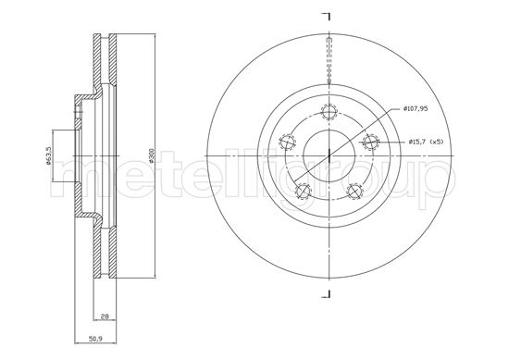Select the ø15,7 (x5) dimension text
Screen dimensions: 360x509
tap(427, 142)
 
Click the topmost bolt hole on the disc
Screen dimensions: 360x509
tap(327, 113)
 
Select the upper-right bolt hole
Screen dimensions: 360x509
tap(370, 143)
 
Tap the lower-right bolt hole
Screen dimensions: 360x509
tap(354, 191)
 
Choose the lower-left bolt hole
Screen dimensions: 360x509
tap(301, 191)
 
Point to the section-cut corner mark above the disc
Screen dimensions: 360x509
tap(326, 16)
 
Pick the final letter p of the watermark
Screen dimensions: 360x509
tap(436, 176)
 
